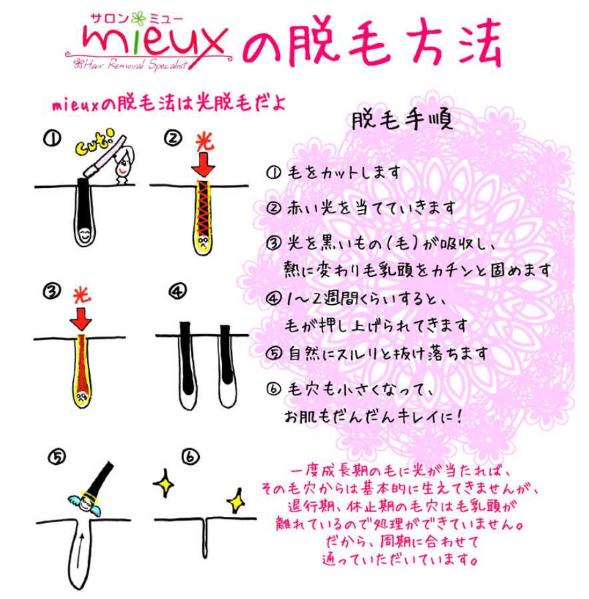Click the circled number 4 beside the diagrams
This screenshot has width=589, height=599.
(178, 291)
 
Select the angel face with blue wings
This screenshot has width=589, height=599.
(85, 497)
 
